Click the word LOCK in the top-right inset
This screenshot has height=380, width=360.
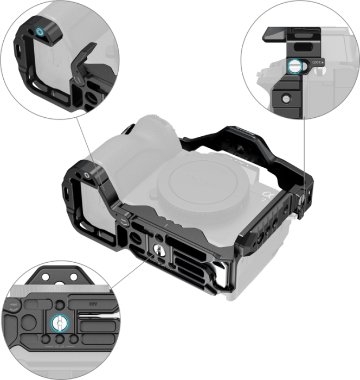tap(317, 63)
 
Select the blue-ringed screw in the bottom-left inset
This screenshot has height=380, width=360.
tap(57, 324)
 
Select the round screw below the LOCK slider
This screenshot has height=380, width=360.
tap(284, 98)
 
